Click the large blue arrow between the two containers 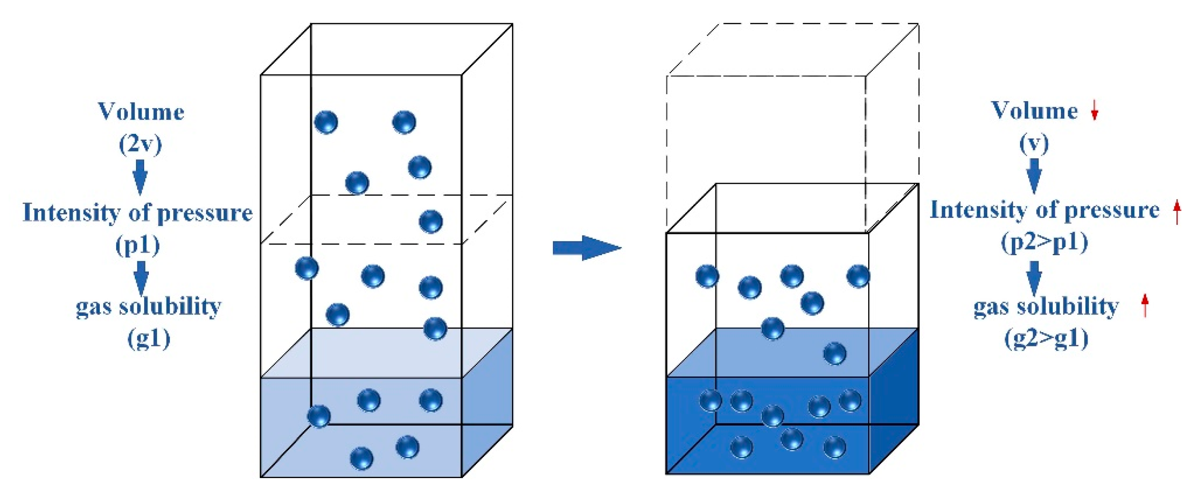click(586, 247)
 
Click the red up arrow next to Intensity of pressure click(1177, 212)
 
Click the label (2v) click(140, 144)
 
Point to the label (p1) click(138, 245)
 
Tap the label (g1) click(149, 338)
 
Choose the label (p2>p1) click(1045, 242)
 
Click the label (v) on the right click(1034, 143)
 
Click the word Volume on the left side click(141, 112)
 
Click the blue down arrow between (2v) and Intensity click(140, 177)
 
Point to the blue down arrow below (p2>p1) click(1034, 278)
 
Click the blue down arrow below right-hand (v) click(1034, 176)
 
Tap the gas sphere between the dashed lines click(431, 222)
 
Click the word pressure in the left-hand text click(205, 213)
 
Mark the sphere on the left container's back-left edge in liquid click(319, 416)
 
